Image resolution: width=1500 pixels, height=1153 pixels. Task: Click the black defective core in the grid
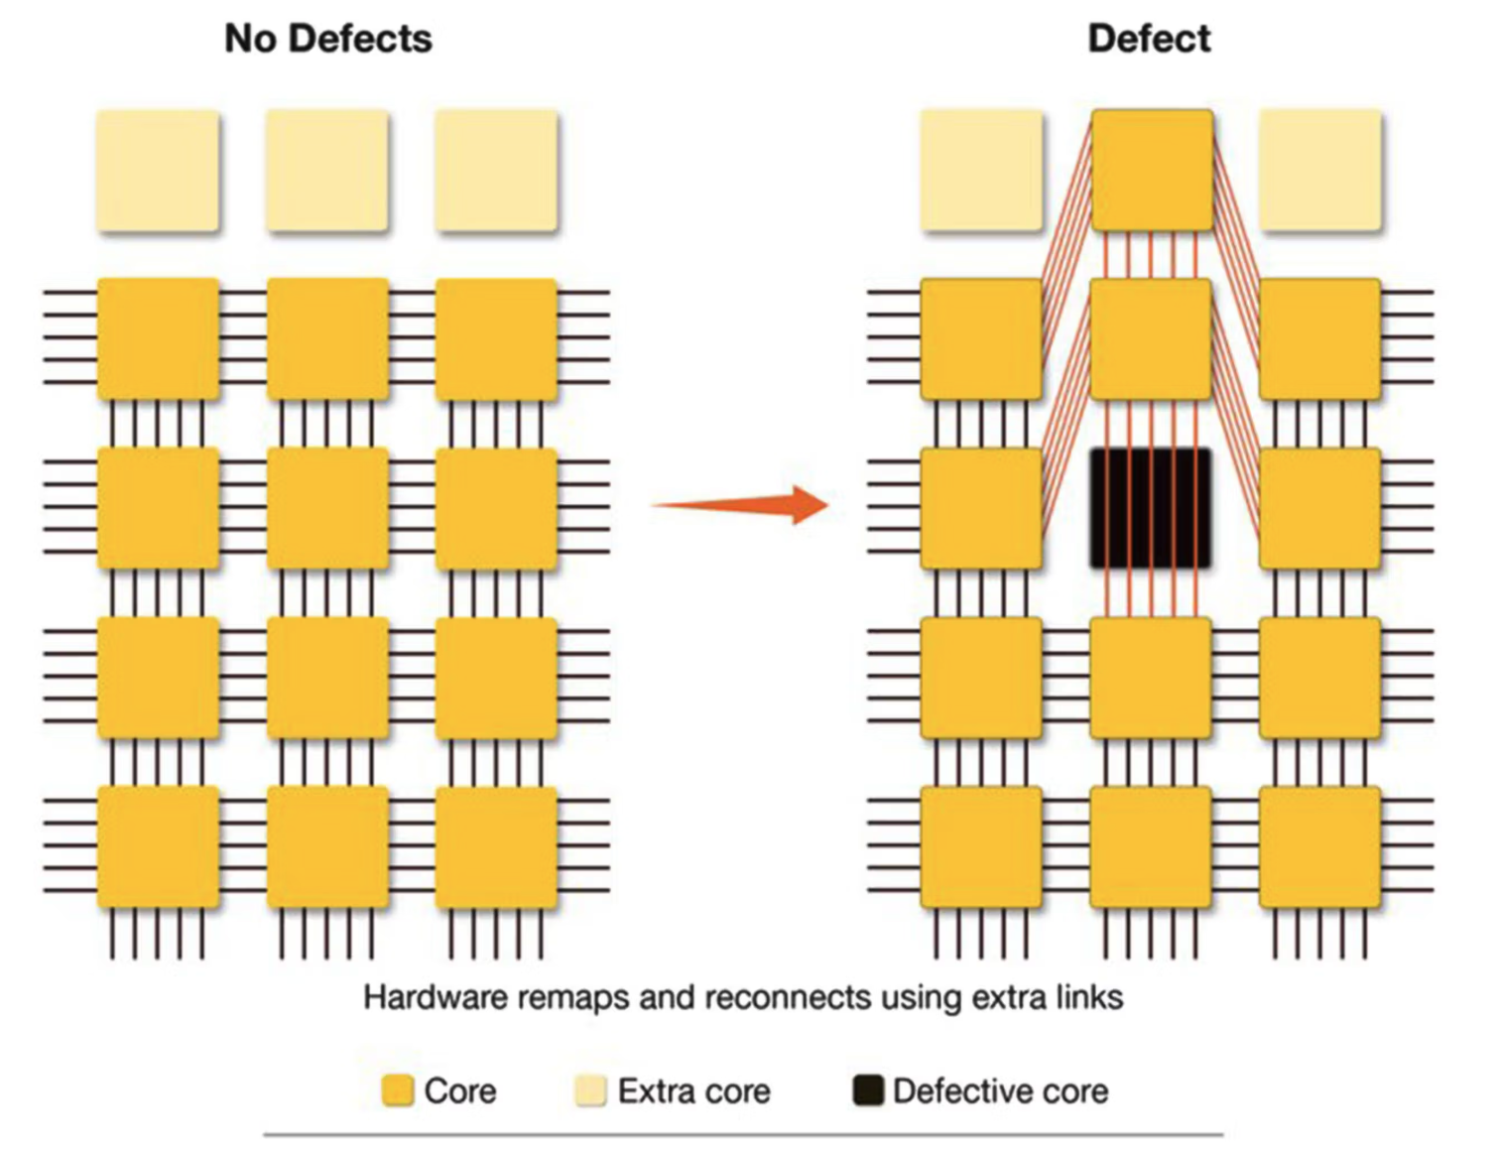pos(1151,508)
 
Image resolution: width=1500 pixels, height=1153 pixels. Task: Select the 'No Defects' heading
pos(328,39)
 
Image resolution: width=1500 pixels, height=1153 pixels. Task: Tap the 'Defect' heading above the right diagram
pos(1149,39)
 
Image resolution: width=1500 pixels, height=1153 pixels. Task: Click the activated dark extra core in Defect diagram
pos(1152,170)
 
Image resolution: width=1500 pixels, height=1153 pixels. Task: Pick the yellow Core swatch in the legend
pos(398,1090)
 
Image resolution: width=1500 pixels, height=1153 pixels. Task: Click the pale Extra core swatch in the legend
pos(590,1090)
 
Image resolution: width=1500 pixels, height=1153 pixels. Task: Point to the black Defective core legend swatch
pos(868,1090)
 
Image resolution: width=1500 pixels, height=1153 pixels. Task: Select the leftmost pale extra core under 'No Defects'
pos(158,171)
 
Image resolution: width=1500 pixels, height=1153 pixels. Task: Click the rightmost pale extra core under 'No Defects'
pos(496,171)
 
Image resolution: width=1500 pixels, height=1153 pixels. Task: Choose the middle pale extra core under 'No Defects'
pos(327,171)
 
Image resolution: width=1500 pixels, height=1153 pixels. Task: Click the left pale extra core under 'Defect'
pos(982,171)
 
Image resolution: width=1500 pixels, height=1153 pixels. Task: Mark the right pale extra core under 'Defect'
pos(1320,171)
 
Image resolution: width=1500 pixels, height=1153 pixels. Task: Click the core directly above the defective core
pos(1151,339)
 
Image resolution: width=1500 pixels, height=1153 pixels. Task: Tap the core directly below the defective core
pos(1151,678)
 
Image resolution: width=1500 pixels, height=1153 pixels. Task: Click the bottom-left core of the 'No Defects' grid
pos(158,846)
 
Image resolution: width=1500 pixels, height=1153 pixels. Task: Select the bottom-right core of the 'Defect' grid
pos(1320,846)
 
